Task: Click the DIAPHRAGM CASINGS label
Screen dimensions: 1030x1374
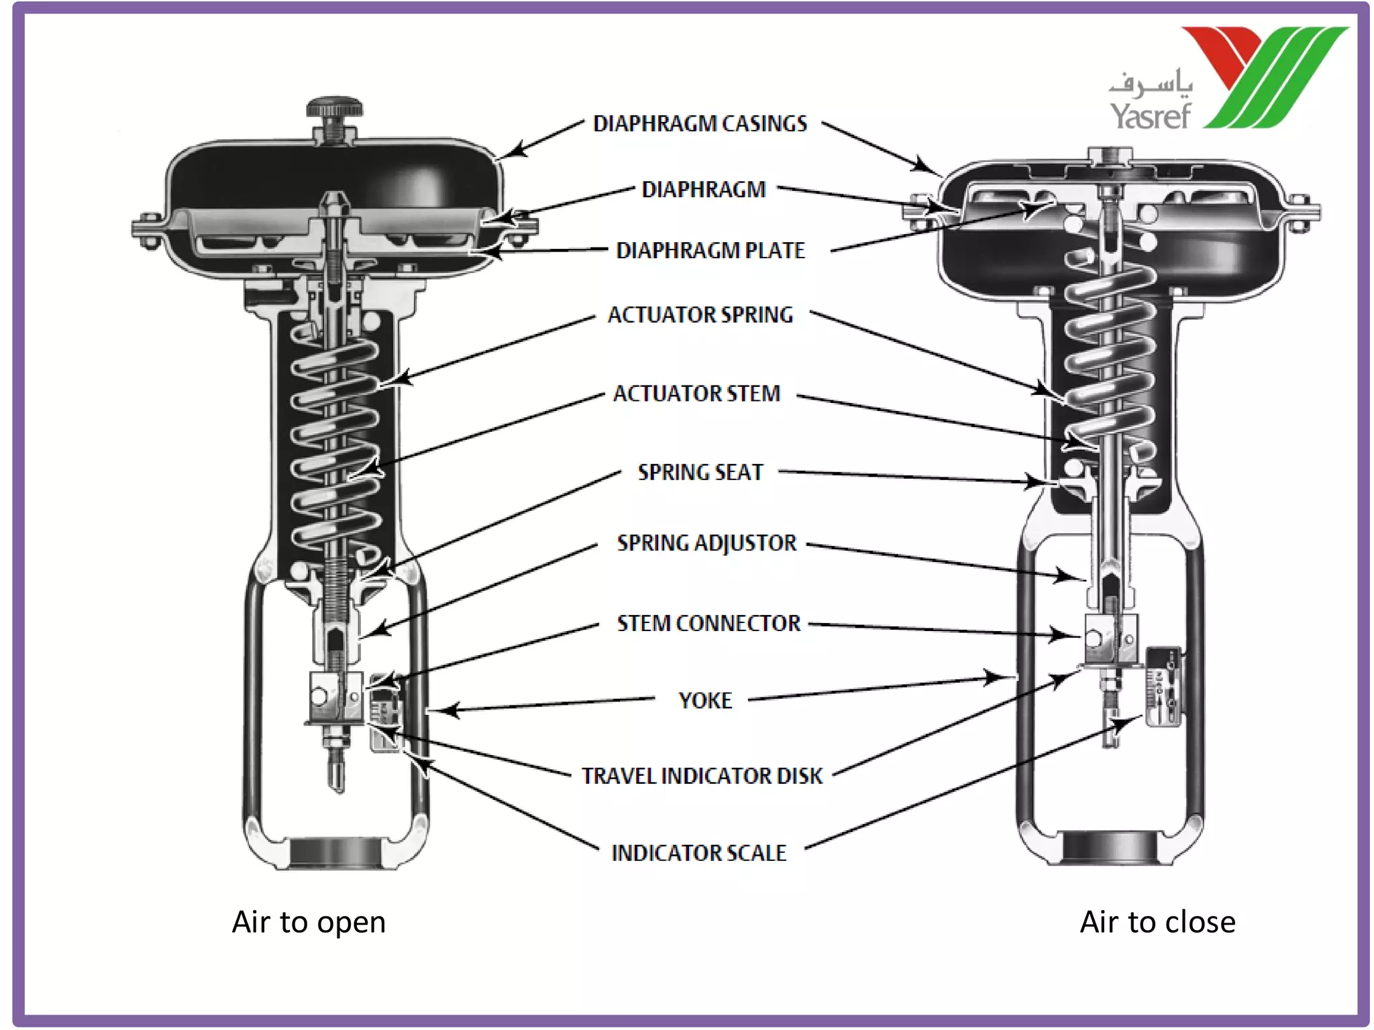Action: point(700,124)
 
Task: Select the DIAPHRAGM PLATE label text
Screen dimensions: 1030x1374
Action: point(710,251)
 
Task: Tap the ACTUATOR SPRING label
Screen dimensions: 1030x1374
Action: point(700,315)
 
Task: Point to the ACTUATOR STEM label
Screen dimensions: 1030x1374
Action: point(696,394)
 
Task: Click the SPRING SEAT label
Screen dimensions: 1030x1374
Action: point(700,473)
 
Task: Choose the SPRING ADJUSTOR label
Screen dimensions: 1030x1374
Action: point(706,543)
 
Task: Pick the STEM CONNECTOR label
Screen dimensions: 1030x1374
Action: point(708,624)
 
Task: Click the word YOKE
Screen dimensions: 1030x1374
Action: point(704,701)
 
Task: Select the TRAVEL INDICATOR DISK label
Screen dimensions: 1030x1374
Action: point(701,777)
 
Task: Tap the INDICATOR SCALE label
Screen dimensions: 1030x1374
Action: point(698,854)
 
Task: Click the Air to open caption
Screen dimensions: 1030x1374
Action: point(309,923)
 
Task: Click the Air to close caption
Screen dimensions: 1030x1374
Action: point(1157,923)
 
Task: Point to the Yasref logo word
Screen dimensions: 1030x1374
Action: point(1150,116)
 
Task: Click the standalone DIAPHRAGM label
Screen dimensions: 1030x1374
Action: point(703,190)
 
